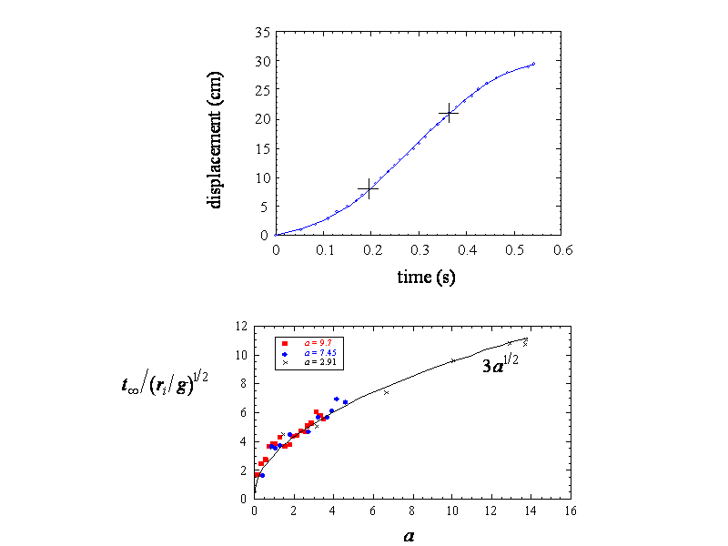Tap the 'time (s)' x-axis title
(x=426, y=277)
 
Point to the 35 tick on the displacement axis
(x=263, y=32)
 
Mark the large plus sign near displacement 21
(x=448, y=114)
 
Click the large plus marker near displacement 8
(x=369, y=189)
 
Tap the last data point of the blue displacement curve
(x=533, y=64)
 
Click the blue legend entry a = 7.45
(x=310, y=353)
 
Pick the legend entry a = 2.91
(x=310, y=362)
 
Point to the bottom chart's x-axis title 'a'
(x=409, y=536)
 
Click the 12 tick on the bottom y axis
(x=242, y=326)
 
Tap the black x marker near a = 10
(x=453, y=361)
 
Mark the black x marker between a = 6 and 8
(x=386, y=392)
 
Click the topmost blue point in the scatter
(x=337, y=399)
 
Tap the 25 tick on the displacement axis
(x=263, y=90)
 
